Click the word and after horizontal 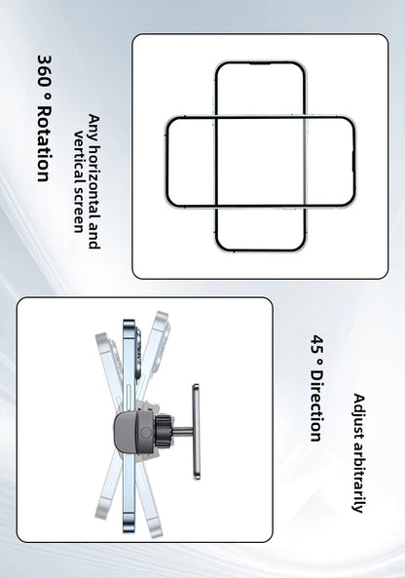pos(94,234)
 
